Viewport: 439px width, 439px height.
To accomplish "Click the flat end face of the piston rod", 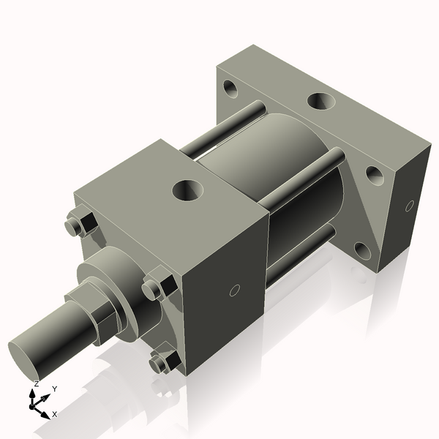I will click(26, 355).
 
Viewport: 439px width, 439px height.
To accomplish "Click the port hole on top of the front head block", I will click(189, 192).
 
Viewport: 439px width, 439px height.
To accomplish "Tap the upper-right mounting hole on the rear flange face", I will click(373, 174).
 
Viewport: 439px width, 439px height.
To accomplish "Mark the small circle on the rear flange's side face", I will click(410, 206).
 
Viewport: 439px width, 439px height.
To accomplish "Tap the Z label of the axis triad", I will click(36, 383).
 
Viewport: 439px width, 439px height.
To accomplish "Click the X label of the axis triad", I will click(55, 413).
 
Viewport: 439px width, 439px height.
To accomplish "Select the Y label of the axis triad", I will click(54, 389).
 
